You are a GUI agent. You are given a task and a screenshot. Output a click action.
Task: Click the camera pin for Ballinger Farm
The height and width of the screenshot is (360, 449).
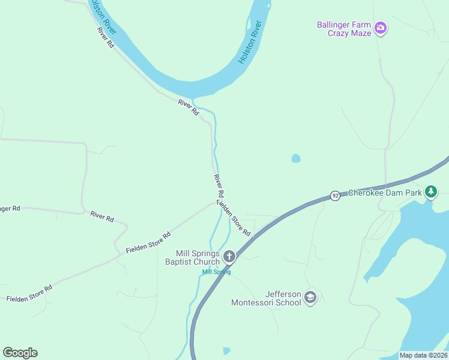[380, 28]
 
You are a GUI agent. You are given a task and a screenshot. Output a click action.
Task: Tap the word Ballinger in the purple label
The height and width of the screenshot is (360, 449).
[334, 25]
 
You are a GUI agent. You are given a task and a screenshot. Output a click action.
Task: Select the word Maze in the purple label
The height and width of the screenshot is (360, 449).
[360, 33]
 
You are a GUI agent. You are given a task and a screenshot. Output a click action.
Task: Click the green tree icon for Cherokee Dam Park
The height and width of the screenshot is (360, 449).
[430, 191]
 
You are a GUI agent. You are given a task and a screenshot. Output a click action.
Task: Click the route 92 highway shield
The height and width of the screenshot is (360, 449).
[335, 196]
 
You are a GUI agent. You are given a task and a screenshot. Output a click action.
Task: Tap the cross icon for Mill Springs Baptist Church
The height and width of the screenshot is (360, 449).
[229, 257]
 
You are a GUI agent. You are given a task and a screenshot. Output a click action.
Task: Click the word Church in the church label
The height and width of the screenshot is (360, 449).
[207, 262]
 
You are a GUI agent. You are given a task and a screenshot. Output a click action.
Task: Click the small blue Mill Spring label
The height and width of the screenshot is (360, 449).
[216, 272]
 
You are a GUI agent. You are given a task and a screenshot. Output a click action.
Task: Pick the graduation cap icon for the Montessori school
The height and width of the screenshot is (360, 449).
[310, 298]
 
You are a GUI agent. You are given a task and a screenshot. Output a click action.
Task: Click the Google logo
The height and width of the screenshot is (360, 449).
[20, 353]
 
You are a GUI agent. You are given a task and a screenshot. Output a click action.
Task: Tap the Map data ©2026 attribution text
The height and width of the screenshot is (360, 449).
[423, 355]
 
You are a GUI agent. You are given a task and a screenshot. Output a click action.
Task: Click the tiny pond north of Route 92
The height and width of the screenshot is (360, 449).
[295, 158]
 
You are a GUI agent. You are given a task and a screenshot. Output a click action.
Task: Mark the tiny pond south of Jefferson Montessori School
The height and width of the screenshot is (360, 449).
[226, 350]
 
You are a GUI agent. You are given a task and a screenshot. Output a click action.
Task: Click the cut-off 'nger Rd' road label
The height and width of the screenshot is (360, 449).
[10, 209]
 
